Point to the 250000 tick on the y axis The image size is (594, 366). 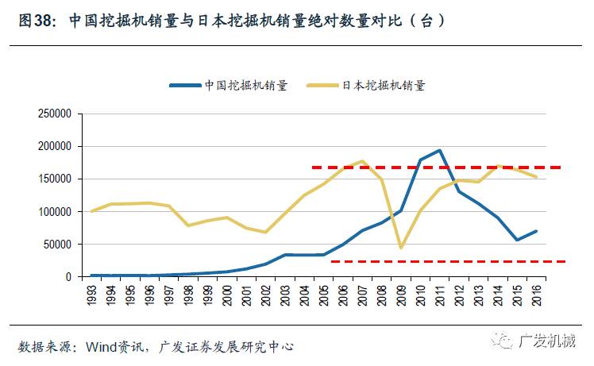click(55, 114)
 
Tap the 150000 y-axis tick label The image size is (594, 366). click(55, 179)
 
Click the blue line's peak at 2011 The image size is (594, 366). click(439, 150)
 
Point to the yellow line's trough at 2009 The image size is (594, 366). click(401, 248)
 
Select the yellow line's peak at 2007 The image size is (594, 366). click(362, 161)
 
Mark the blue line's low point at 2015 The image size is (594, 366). click(517, 240)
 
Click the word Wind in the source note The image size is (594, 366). click(101, 346)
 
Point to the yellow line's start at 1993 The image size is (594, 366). click(92, 211)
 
